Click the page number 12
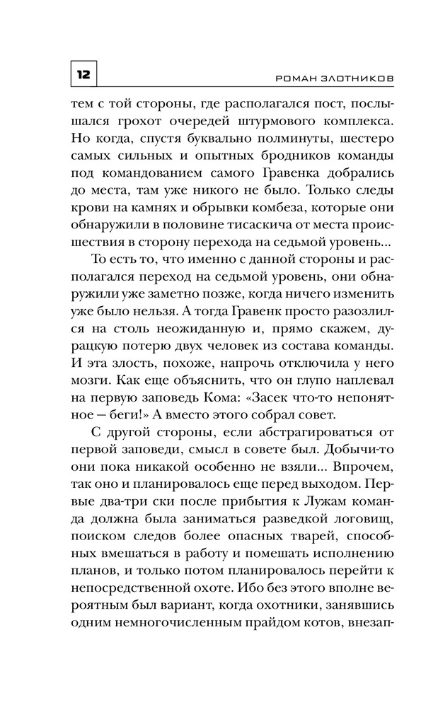83,73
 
